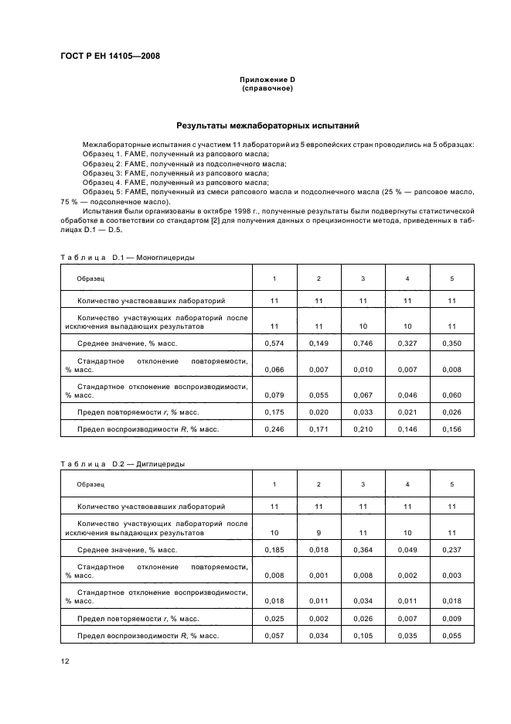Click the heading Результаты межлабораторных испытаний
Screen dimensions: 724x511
tap(267, 125)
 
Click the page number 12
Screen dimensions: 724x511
tap(66, 660)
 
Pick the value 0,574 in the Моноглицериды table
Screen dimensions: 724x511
tap(274, 343)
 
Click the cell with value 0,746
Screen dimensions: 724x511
tap(363, 343)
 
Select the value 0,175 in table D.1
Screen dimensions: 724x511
tap(274, 411)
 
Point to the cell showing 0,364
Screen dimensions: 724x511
tap(363, 550)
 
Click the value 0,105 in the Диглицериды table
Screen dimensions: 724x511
tap(363, 635)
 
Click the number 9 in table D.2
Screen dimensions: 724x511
tap(319, 533)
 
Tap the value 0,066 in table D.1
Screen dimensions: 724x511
tap(274, 370)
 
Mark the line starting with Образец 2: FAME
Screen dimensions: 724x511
tap(184, 164)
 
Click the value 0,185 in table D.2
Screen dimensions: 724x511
tap(274, 550)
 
